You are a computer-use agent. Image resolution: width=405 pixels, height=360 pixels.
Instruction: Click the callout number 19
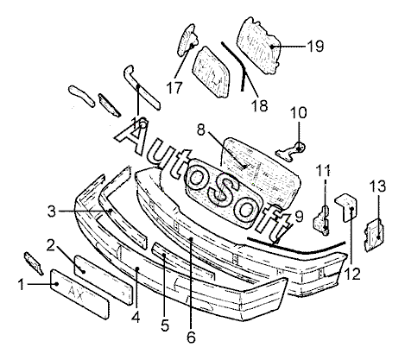pos(315,46)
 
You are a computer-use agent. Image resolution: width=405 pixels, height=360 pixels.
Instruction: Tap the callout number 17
pos(174,88)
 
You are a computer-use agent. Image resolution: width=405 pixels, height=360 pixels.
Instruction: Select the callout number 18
pos(260,105)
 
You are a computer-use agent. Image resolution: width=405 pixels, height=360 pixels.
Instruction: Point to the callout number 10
pos(299,112)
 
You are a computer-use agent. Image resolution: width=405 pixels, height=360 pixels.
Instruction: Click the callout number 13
pos(377,186)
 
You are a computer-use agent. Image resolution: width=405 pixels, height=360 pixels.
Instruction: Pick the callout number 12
pos(352,274)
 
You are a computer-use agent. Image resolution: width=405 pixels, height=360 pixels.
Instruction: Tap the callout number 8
pos(201,129)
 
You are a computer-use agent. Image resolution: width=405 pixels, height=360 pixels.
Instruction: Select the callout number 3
pos(52,212)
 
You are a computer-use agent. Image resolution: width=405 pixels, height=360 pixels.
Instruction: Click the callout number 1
pos(22,285)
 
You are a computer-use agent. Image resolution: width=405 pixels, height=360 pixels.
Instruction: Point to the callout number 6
pos(191,337)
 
